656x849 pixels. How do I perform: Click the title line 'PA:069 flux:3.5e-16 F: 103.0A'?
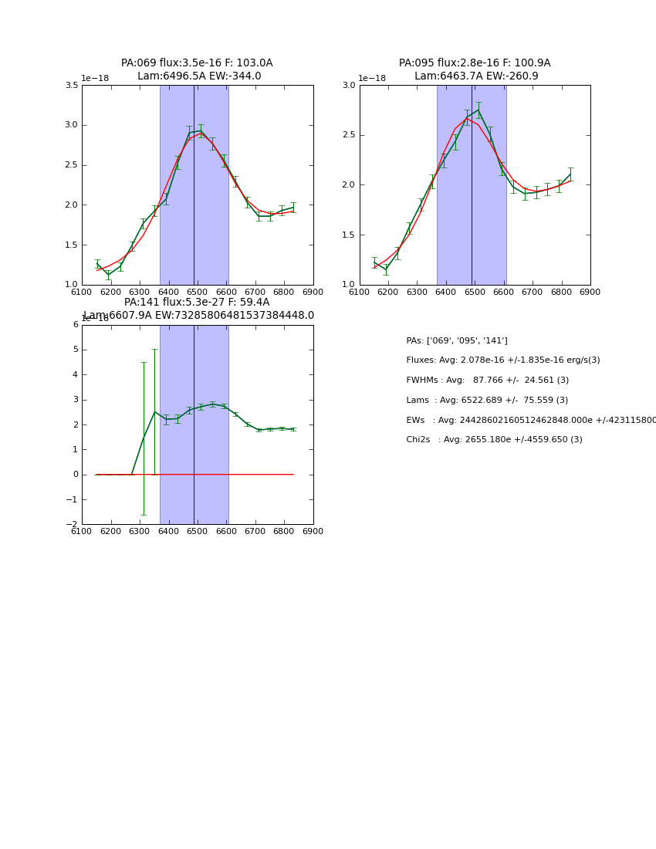click(x=197, y=63)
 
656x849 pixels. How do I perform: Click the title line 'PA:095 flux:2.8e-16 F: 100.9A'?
click(x=475, y=63)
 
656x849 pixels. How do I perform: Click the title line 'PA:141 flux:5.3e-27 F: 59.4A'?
click(x=197, y=303)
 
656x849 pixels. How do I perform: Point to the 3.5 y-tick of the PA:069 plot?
click(x=72, y=86)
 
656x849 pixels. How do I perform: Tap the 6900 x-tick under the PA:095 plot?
click(x=590, y=292)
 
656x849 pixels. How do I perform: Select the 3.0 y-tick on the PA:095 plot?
click(x=349, y=86)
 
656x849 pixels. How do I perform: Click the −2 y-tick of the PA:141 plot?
click(x=72, y=525)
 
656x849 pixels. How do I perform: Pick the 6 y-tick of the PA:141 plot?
click(x=76, y=325)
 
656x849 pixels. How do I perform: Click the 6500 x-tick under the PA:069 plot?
click(x=198, y=292)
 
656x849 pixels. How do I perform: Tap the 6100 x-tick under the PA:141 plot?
click(x=82, y=531)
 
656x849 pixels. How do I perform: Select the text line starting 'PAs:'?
click(x=457, y=340)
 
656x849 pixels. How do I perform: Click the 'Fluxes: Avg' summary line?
click(x=503, y=360)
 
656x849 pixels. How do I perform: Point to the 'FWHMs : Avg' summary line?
click(x=488, y=381)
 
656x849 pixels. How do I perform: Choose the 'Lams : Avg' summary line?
click(x=487, y=401)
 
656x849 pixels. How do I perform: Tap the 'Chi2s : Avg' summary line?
click(x=494, y=440)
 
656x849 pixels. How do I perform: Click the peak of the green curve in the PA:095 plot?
click(x=478, y=110)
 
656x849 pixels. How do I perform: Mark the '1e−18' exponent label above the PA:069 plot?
click(x=95, y=79)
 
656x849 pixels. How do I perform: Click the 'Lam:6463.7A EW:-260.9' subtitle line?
click(x=476, y=76)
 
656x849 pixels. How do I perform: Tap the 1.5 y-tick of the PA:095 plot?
click(x=349, y=235)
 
